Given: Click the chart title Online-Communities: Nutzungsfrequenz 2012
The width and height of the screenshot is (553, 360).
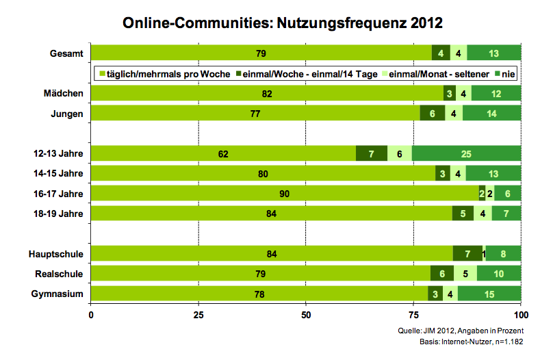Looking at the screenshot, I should pos(283,23).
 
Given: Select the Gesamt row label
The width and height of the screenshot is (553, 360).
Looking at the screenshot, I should pos(67,53).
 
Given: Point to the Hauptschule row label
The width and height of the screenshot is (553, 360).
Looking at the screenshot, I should pos(60,254).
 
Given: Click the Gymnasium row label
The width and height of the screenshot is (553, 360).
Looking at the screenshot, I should pos(61,294).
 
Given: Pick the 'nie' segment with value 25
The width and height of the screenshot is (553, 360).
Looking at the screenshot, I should pos(466,154).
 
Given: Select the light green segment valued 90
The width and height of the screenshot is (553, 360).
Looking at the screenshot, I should pos(285,194).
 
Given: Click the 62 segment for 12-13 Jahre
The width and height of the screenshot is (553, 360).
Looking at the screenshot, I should pos(223,154).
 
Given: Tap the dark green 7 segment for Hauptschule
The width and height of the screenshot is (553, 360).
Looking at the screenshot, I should pos(467,254).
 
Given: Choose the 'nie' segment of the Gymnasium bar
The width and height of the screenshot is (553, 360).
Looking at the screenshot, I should pos(489,294).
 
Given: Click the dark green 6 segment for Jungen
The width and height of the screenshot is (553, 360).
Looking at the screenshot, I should pos(433,114).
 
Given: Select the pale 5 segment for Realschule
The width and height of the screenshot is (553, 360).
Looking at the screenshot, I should pos(465,274).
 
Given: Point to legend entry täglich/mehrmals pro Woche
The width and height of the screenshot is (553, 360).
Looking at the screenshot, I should pos(165,73).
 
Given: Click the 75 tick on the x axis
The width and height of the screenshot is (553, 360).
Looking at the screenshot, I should pos(413,316).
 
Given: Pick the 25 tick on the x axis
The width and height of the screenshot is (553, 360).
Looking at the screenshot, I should pos(198,316).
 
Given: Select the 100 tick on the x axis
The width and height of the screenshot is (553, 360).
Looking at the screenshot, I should pos(521,316).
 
